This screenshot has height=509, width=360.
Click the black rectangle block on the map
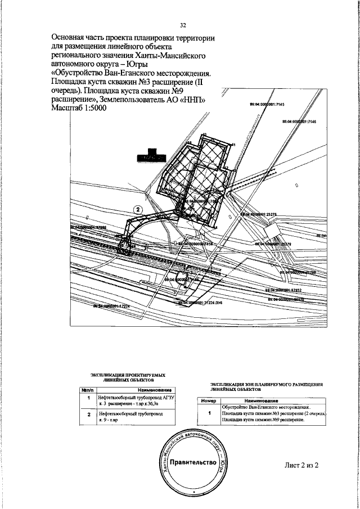click(154, 156)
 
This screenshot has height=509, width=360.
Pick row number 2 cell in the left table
click(88, 417)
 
